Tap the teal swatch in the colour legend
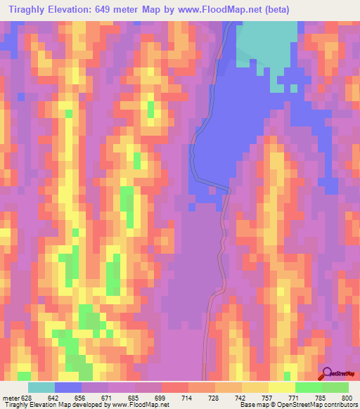click(41, 387)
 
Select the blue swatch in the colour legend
click(68, 387)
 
